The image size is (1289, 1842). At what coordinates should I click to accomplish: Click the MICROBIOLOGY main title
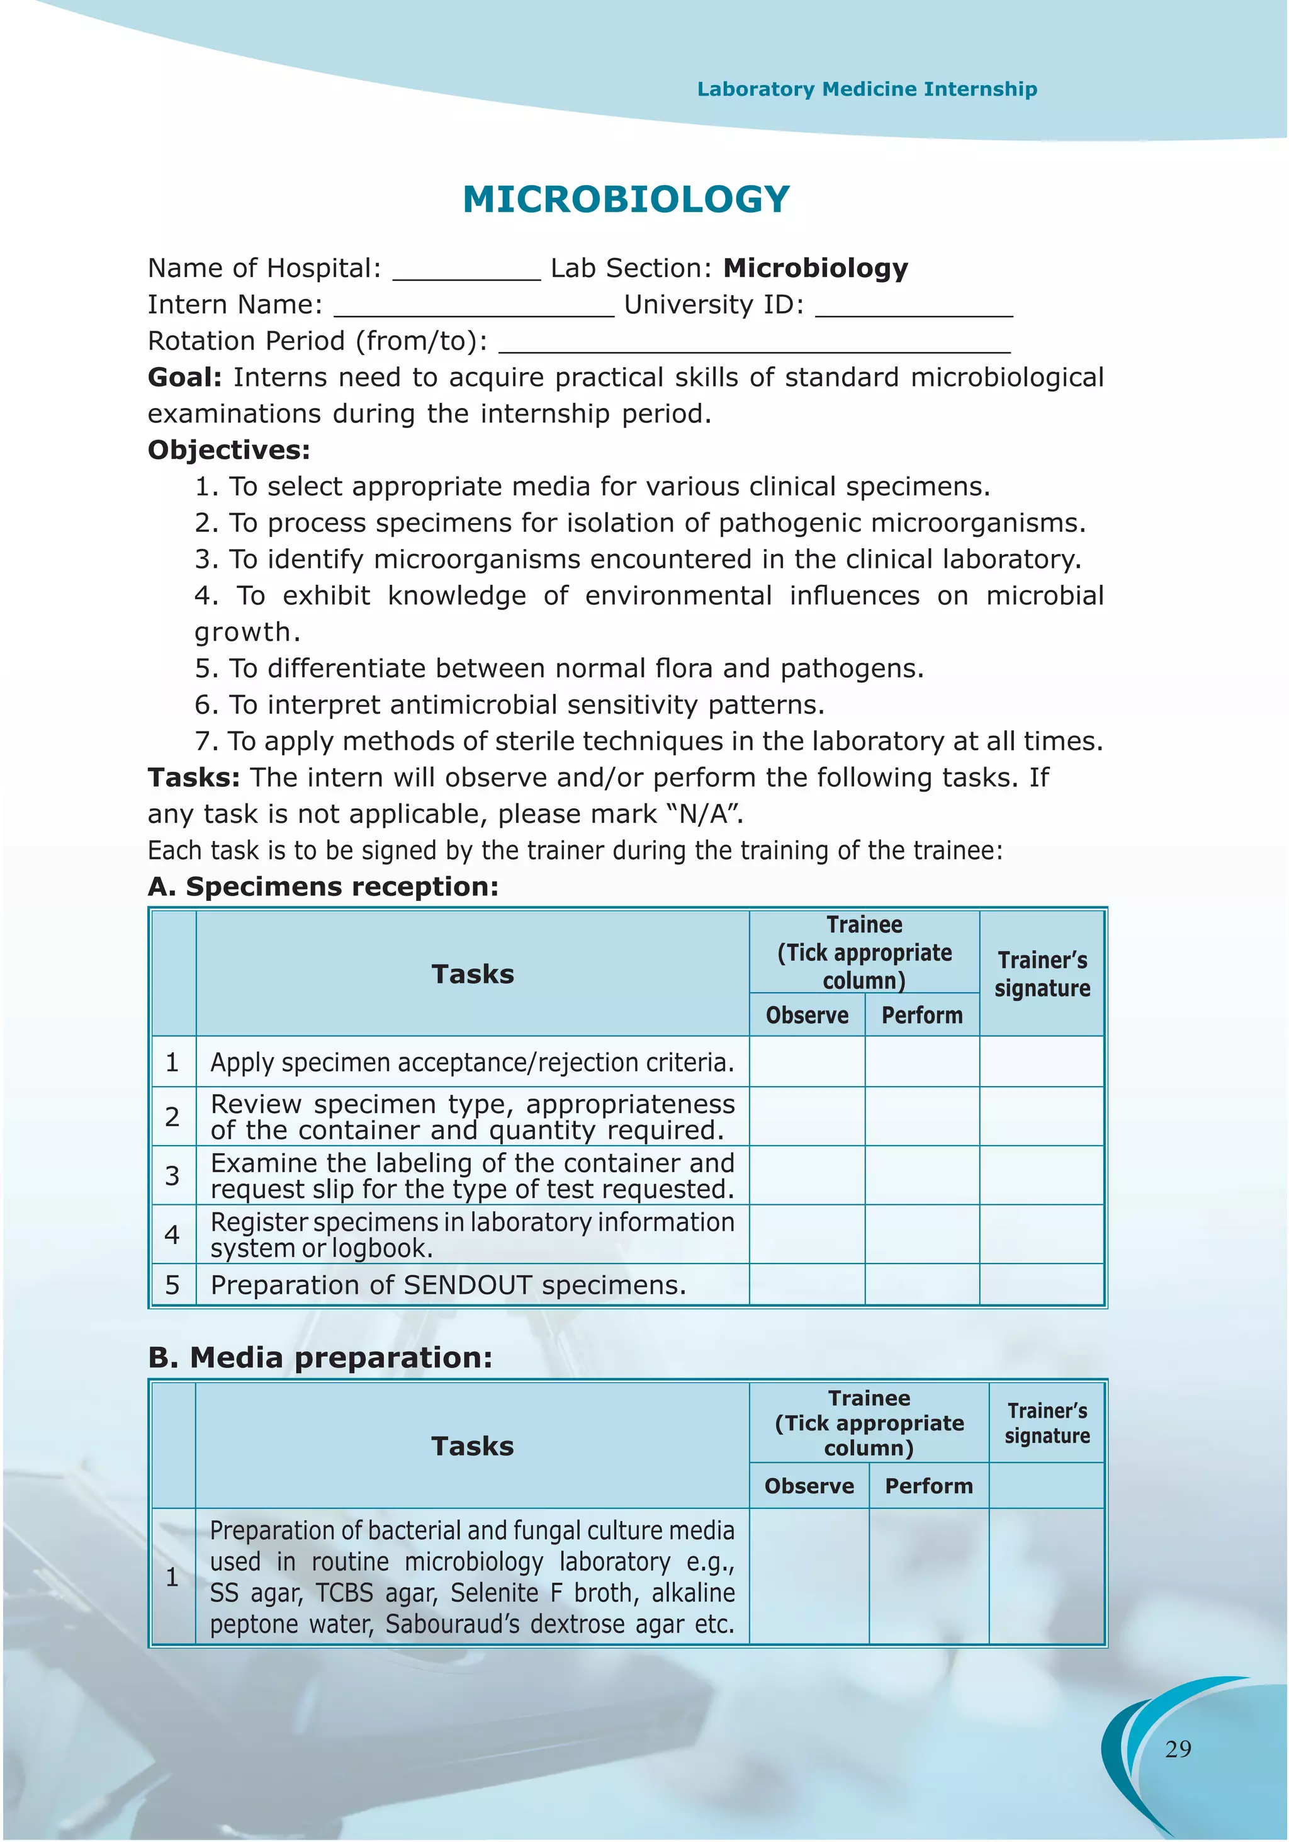[x=626, y=199]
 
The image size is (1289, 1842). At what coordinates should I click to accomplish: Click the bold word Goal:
[x=184, y=377]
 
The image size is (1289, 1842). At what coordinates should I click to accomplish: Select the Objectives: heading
[x=228, y=450]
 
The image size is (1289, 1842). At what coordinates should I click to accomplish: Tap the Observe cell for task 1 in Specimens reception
[x=807, y=1061]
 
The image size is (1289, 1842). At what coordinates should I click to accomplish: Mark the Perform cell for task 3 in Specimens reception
[x=921, y=1175]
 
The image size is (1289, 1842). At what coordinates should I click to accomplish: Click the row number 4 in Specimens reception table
[x=172, y=1234]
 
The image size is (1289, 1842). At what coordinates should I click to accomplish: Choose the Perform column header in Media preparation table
[x=928, y=1486]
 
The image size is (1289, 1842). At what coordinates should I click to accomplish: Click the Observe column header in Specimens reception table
[x=807, y=1015]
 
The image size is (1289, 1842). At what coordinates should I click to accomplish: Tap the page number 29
[x=1178, y=1749]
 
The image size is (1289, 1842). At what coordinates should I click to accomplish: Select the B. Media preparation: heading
[x=320, y=1357]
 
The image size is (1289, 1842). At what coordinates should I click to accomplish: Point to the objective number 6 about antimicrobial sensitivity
[x=509, y=704]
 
